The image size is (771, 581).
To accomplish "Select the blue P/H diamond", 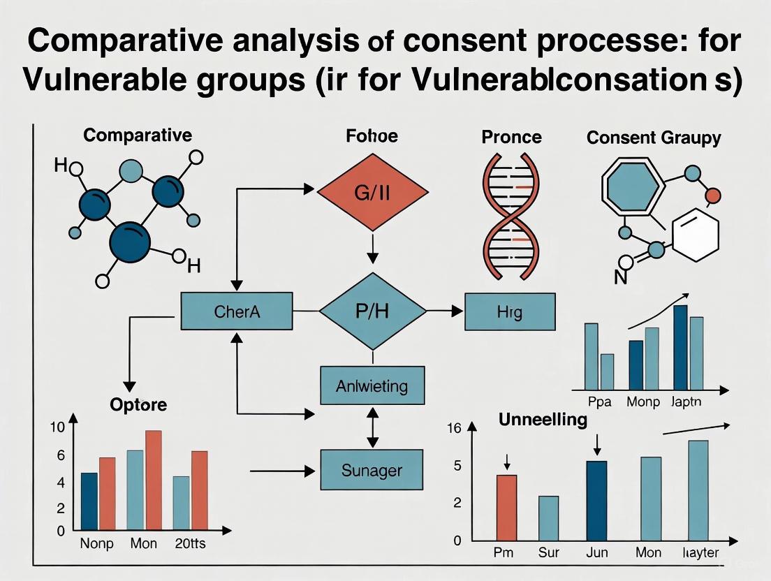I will click(372, 311).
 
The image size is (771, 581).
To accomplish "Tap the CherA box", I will click(237, 311).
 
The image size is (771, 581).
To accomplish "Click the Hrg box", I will click(509, 311).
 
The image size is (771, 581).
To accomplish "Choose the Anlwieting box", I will click(372, 385).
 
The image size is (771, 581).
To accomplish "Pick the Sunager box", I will click(372, 470).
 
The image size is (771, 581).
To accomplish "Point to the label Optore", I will click(139, 405).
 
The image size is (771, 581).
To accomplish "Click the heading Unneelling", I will click(542, 420).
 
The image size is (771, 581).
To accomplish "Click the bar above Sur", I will click(549, 517).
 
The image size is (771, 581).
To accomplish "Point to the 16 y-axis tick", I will click(454, 428).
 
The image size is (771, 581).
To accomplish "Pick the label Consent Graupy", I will click(653, 138).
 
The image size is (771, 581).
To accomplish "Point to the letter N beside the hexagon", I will click(619, 277).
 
